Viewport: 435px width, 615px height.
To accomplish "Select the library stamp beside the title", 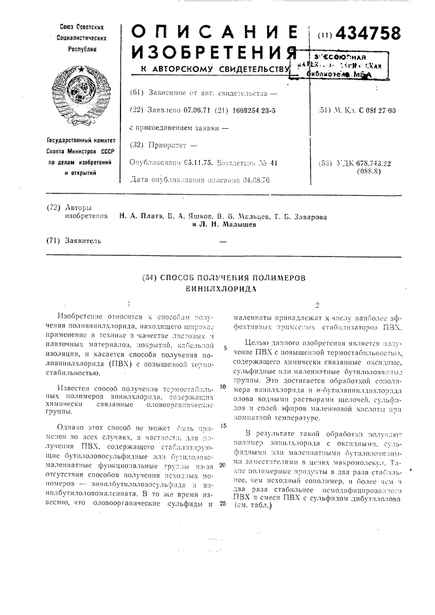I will [333, 65].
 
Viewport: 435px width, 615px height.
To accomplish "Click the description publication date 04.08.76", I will [251, 180].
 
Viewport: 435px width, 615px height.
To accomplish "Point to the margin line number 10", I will [222, 386].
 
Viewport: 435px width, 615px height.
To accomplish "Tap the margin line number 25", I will [222, 503].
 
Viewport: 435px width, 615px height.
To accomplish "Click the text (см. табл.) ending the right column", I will [252, 507].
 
